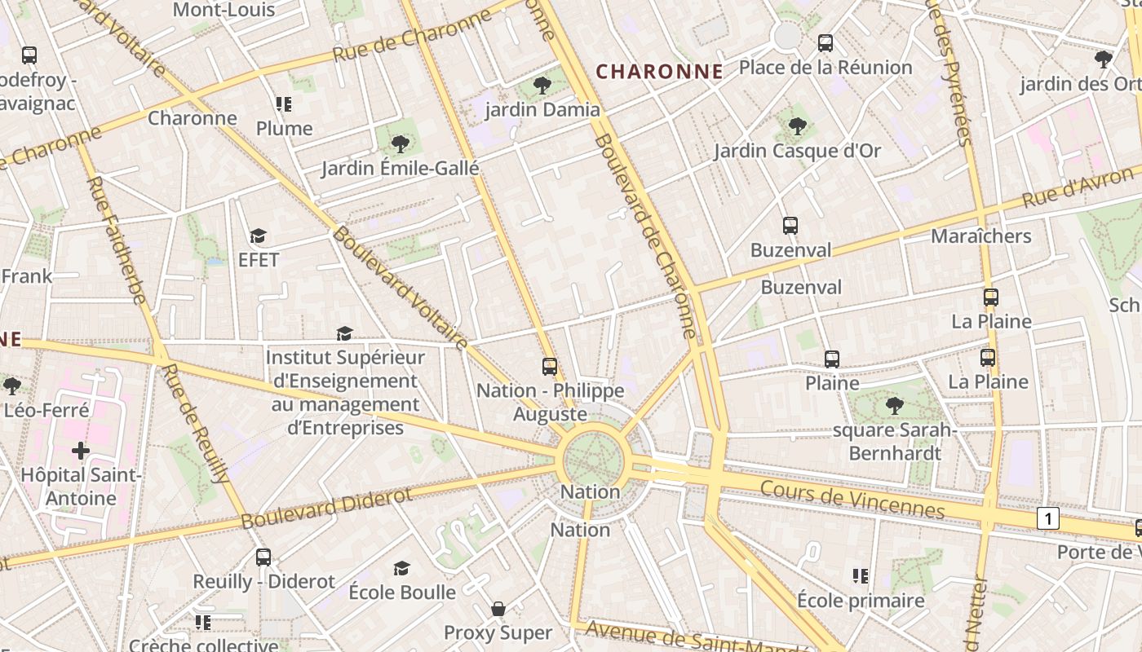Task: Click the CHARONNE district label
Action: pos(659,72)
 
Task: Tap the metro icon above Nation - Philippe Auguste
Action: pos(550,367)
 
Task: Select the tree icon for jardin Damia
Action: pos(542,85)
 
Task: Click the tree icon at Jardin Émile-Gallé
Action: pos(400,144)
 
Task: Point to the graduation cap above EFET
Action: pos(258,236)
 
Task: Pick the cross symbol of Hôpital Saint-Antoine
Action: pos(80,450)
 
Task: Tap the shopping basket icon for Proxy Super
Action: pos(498,609)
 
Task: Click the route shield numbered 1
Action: pos(1048,518)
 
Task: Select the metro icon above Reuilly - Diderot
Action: pos(263,557)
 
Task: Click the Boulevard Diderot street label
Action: pos(326,508)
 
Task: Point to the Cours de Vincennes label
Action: pos(852,499)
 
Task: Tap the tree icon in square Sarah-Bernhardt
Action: pos(894,405)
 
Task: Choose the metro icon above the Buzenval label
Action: pos(790,226)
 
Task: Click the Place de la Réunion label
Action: pos(826,68)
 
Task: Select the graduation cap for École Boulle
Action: pos(401,568)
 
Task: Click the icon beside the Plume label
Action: pos(284,104)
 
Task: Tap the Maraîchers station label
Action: pos(981,236)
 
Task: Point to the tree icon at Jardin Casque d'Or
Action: pos(797,126)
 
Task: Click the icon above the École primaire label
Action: pos(860,576)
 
